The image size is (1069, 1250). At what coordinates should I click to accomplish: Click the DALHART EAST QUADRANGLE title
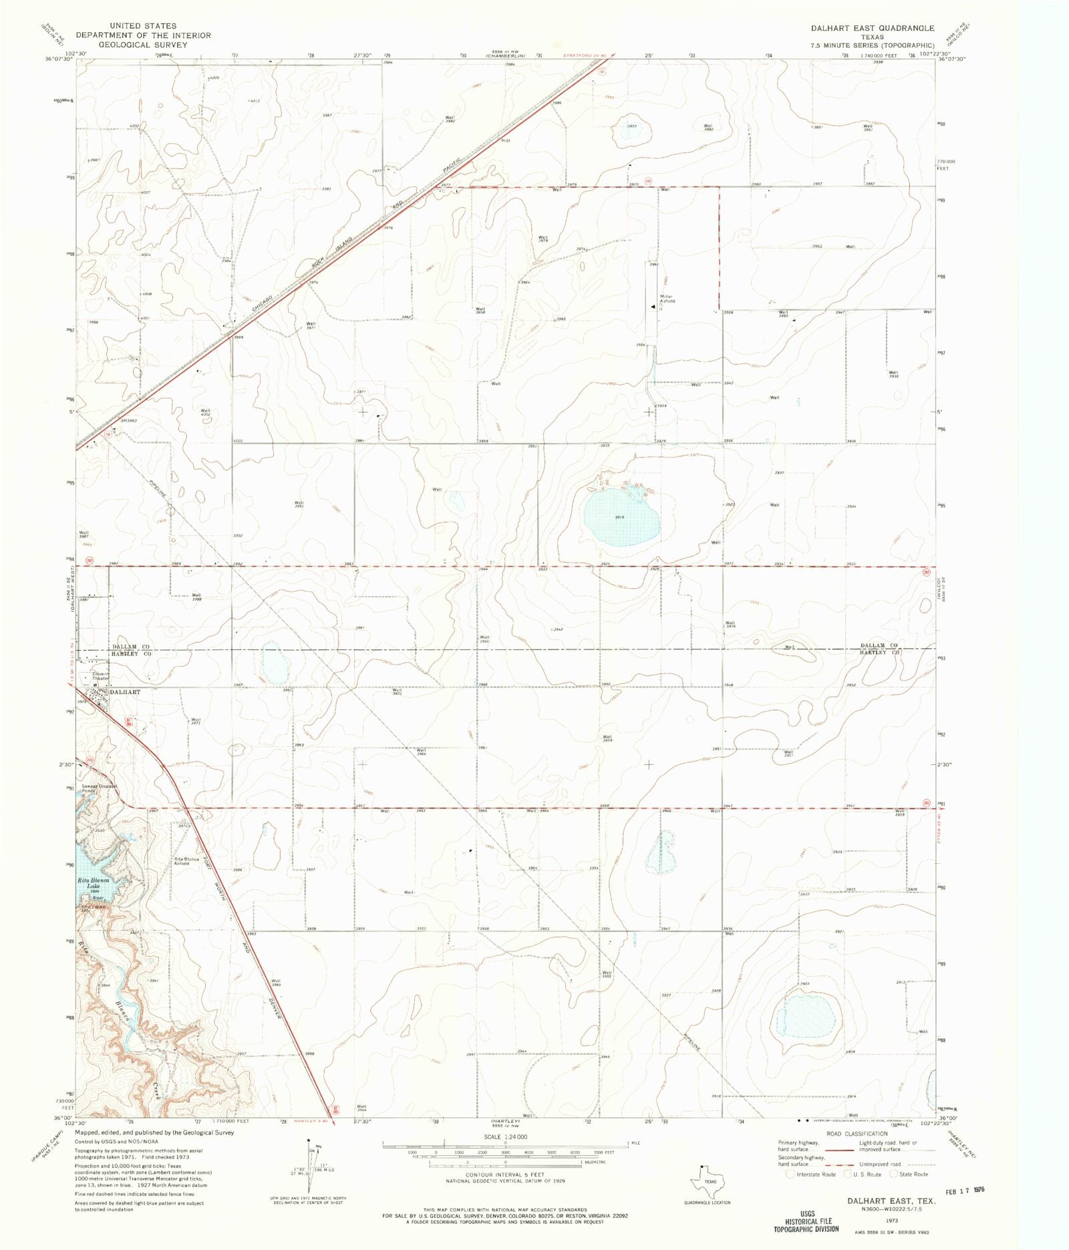(873, 29)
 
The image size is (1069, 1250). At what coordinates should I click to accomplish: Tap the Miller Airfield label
(667, 299)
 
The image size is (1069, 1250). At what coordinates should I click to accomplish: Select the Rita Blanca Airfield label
(186, 861)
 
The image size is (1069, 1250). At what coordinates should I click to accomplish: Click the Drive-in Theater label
(100, 676)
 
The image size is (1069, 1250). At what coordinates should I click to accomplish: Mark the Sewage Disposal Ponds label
(100, 788)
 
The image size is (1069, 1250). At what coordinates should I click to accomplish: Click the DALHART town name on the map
(125, 692)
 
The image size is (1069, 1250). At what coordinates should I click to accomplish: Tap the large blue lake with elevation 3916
(621, 518)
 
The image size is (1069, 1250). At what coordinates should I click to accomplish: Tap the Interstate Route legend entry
(812, 1174)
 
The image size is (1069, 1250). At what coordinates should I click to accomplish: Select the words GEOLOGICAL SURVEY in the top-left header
(143, 45)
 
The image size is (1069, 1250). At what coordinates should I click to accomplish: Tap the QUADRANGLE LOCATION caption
(707, 1203)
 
